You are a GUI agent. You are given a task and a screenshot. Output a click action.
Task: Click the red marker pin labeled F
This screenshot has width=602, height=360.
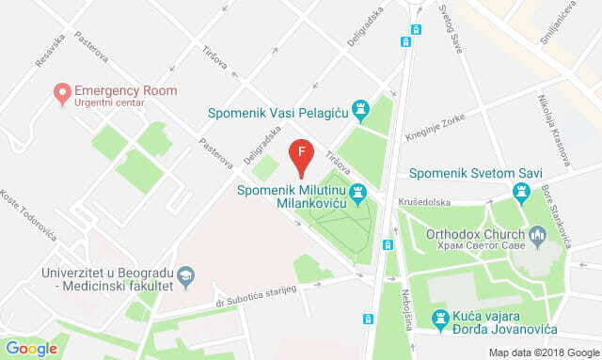(x=301, y=155)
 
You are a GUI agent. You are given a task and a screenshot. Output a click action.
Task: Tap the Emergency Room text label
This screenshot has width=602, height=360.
(x=127, y=90)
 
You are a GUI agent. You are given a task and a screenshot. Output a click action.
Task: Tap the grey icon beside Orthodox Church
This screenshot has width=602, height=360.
(x=537, y=234)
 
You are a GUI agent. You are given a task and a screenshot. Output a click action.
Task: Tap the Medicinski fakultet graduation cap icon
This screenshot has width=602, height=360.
(x=186, y=274)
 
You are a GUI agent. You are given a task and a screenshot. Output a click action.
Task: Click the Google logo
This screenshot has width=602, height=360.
(x=32, y=348)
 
